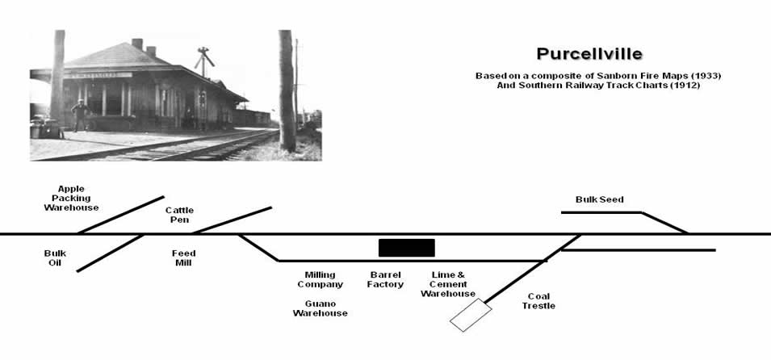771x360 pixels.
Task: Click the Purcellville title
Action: (589, 54)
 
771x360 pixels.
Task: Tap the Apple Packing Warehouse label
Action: (71, 198)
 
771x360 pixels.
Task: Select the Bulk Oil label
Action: (55, 258)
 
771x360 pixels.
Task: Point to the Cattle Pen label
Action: (179, 216)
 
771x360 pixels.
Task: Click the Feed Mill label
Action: (183, 258)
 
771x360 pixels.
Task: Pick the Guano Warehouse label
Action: (320, 308)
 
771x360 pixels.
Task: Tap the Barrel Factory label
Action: (385, 279)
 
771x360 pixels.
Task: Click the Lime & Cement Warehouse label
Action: (448, 284)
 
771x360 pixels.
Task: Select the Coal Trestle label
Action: (538, 300)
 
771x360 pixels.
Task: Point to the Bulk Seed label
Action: (599, 199)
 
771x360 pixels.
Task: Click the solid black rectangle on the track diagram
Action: (406, 248)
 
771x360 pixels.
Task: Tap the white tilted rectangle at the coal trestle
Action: (471, 315)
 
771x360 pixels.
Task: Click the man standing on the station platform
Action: (79, 115)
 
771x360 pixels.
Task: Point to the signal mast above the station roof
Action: (205, 59)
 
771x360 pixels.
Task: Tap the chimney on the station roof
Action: (137, 44)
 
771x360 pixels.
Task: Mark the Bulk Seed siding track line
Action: (601, 212)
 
